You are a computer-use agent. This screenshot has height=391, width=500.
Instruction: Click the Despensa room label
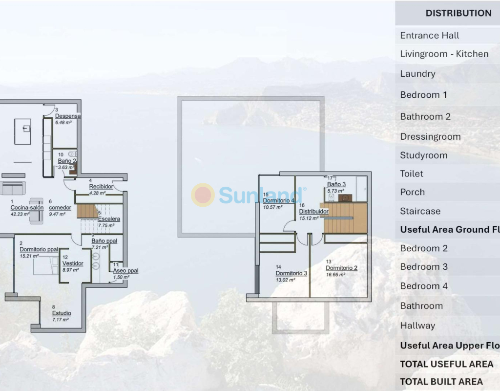point(68,116)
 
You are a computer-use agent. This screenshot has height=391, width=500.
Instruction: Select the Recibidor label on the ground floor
point(101,187)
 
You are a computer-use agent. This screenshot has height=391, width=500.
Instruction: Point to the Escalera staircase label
point(109,219)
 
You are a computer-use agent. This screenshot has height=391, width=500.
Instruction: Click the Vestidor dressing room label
point(73,263)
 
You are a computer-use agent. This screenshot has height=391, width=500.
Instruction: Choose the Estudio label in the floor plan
point(62,313)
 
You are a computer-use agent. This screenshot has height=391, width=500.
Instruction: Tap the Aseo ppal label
point(125,270)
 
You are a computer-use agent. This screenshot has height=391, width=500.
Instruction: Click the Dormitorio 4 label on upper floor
point(279,200)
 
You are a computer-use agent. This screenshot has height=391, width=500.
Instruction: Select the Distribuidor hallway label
point(313,212)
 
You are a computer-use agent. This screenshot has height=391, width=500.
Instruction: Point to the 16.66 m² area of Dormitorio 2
point(335,275)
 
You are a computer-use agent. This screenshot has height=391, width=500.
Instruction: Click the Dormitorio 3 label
point(291,273)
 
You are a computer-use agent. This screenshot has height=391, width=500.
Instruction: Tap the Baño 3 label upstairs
point(336,184)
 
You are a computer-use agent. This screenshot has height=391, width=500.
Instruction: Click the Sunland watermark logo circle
point(202,195)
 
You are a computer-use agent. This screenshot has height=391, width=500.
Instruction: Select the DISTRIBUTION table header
point(458,13)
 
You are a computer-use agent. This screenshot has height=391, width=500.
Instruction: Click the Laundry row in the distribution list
point(417,74)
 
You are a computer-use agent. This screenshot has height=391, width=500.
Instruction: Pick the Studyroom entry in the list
point(423,155)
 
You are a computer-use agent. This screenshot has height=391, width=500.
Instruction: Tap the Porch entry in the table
point(413,192)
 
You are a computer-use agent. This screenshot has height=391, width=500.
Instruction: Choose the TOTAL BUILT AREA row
point(441,381)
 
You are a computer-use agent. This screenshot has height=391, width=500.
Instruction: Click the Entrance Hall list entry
point(430,35)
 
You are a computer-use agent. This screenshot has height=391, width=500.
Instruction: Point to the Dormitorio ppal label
point(39,249)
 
